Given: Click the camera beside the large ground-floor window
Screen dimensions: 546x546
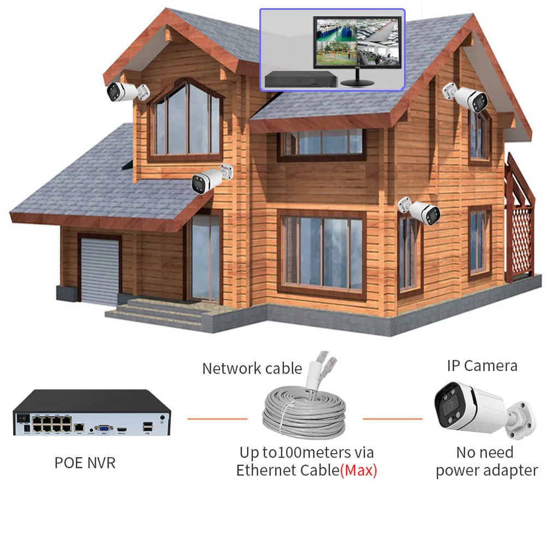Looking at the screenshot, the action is [421, 210].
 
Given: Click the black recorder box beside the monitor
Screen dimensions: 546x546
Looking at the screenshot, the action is [299, 80].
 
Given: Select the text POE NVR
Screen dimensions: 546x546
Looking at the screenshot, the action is [85, 463].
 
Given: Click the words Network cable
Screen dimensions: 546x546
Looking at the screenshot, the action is [252, 368].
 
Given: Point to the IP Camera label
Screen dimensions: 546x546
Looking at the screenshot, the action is [482, 365].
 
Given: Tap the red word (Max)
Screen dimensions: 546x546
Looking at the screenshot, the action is [359, 470].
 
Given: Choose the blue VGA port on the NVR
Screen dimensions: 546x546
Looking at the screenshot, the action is [102, 429].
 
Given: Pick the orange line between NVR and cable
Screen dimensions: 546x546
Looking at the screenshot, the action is [217, 419].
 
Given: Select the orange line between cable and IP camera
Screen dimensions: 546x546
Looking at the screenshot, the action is [392, 419].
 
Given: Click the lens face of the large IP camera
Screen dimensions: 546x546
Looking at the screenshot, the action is [451, 409].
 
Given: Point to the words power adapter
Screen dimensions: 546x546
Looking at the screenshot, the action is [486, 470].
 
